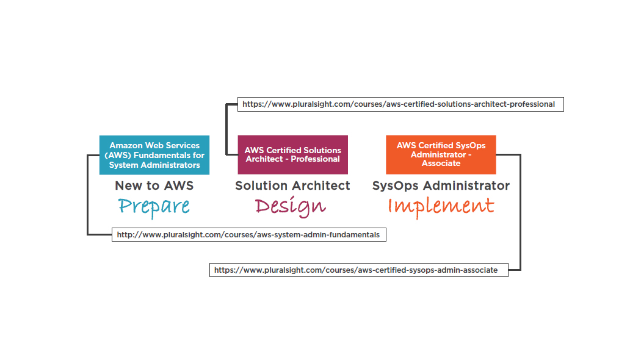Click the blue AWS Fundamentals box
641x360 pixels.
[x=154, y=155]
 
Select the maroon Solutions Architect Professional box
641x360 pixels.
[x=292, y=155]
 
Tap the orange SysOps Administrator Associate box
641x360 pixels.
[x=441, y=155]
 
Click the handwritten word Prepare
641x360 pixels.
[x=154, y=207]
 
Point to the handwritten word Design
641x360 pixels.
[x=291, y=206]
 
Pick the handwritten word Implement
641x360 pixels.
[x=441, y=206]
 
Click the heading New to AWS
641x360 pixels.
[x=154, y=185]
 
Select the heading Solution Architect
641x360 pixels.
[x=292, y=185]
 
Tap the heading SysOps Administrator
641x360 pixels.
[x=441, y=186]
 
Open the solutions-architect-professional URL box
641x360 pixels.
[x=400, y=104]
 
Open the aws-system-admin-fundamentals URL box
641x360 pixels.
[x=249, y=234]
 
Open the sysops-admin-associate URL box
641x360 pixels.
[x=359, y=270]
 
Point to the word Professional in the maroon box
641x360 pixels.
[x=315, y=159]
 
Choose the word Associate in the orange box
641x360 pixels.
[x=441, y=163]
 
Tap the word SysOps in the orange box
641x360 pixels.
[x=471, y=146]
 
